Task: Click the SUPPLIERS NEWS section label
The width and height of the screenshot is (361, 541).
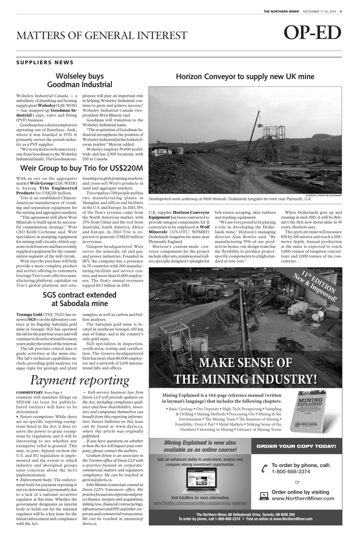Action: (45, 63)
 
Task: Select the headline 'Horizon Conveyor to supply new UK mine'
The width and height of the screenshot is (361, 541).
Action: (245, 77)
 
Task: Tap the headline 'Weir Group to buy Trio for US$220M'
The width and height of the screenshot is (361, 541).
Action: (82, 169)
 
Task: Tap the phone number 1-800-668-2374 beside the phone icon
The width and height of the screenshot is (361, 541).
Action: (291, 471)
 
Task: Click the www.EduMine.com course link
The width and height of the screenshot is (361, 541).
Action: (200, 503)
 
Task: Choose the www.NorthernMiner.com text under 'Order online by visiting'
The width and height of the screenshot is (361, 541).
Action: (303, 498)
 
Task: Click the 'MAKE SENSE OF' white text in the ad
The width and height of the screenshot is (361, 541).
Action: (245, 363)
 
